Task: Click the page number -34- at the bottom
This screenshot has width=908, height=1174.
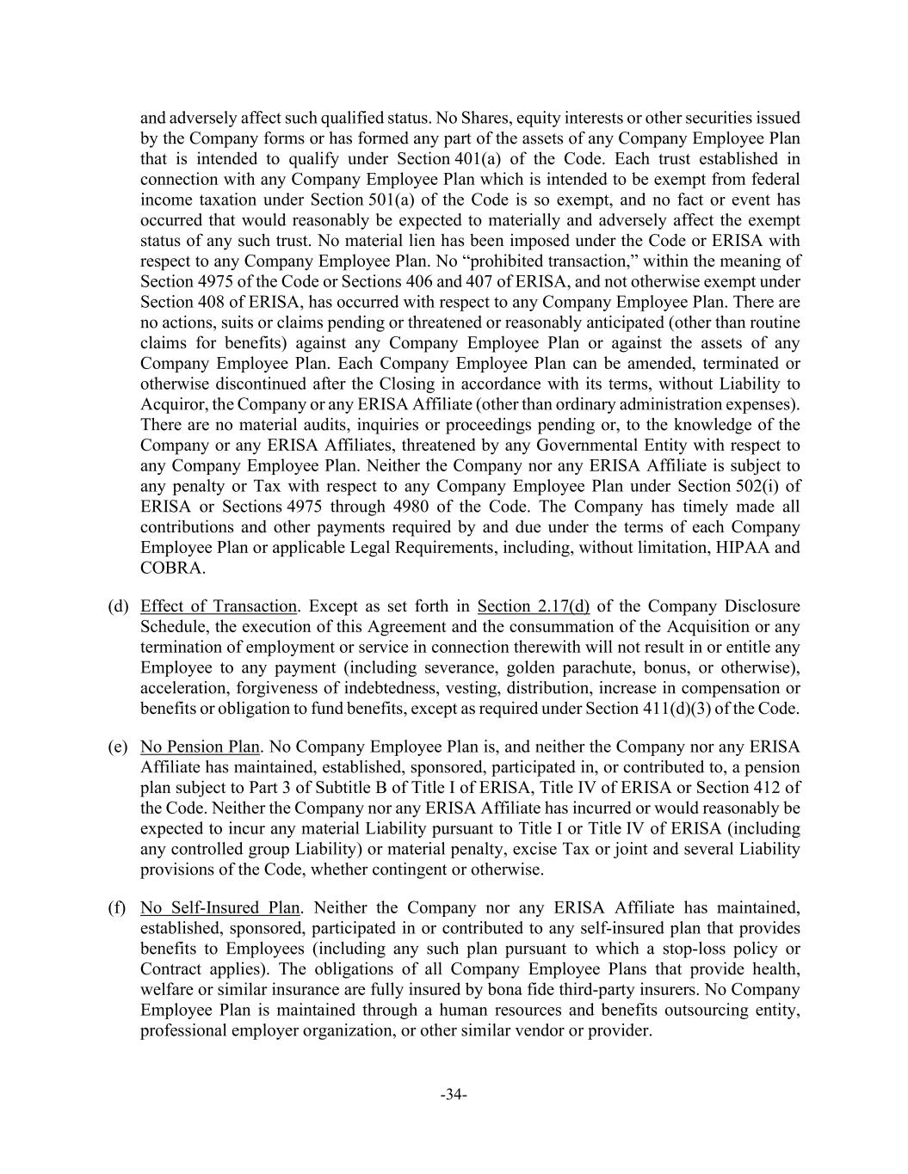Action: (454, 1094)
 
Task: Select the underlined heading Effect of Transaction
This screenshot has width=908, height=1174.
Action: (219, 606)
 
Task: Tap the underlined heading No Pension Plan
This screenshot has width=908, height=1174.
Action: (199, 747)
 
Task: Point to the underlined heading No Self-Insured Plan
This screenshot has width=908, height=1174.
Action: (219, 907)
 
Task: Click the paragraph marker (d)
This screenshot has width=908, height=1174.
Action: (118, 606)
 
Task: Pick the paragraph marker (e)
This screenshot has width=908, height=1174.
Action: (118, 747)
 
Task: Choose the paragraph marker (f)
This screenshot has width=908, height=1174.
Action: (117, 907)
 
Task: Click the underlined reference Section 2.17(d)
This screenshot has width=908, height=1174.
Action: (533, 606)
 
